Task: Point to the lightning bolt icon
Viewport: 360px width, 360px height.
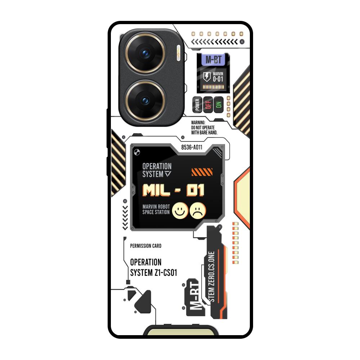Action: pyautogui.click(x=206, y=76)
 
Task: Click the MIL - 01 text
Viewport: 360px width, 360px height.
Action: pyautogui.click(x=174, y=190)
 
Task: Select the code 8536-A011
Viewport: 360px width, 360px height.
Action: pyautogui.click(x=192, y=147)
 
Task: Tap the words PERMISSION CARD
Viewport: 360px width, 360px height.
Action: pyautogui.click(x=145, y=246)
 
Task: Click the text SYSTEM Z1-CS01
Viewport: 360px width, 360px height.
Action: pyautogui.click(x=153, y=273)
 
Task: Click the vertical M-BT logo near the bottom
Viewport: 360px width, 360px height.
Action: pyautogui.click(x=194, y=298)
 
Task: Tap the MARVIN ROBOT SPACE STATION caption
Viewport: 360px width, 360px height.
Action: pyautogui.click(x=156, y=210)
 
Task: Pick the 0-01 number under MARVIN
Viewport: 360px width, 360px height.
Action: pyautogui.click(x=218, y=79)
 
